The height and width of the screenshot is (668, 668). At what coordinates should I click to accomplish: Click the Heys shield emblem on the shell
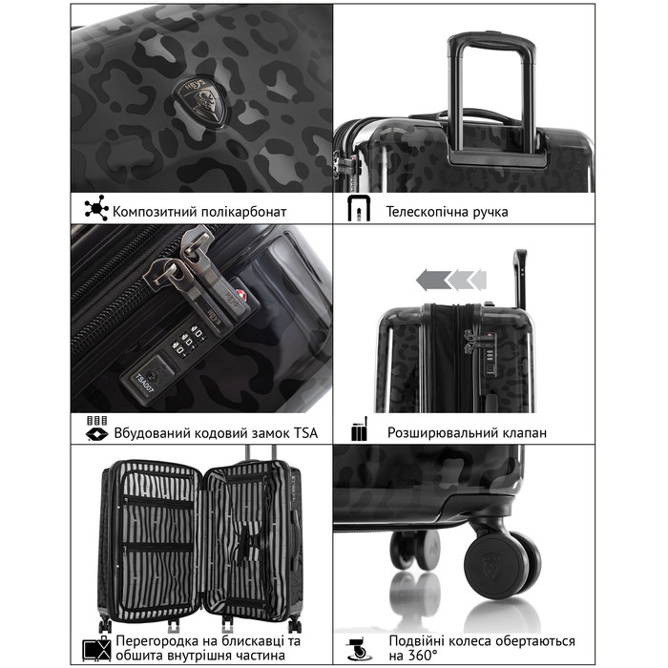pyautogui.click(x=201, y=102)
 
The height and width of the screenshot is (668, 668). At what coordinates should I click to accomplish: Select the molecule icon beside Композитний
pyautogui.click(x=96, y=208)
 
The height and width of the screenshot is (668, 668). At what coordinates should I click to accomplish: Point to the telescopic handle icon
pyautogui.click(x=359, y=208)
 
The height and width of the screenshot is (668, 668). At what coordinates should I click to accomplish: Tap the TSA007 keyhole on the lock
pyautogui.click(x=148, y=378)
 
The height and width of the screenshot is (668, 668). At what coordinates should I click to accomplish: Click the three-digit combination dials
pyautogui.click(x=187, y=340)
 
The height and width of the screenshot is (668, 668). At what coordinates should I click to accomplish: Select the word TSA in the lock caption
pyautogui.click(x=305, y=433)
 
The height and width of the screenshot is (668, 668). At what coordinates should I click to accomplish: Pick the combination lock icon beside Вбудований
pyautogui.click(x=97, y=428)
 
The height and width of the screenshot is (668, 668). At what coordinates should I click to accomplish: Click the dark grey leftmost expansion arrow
pyautogui.click(x=433, y=281)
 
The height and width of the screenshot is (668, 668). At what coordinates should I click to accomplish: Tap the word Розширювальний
pyautogui.click(x=436, y=433)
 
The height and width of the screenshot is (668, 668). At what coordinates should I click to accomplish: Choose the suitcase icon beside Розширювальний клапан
pyautogui.click(x=360, y=429)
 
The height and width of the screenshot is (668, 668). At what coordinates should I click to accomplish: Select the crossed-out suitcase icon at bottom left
pyautogui.click(x=96, y=649)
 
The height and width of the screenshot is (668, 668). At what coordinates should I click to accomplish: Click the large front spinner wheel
pyautogui.click(x=497, y=566)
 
